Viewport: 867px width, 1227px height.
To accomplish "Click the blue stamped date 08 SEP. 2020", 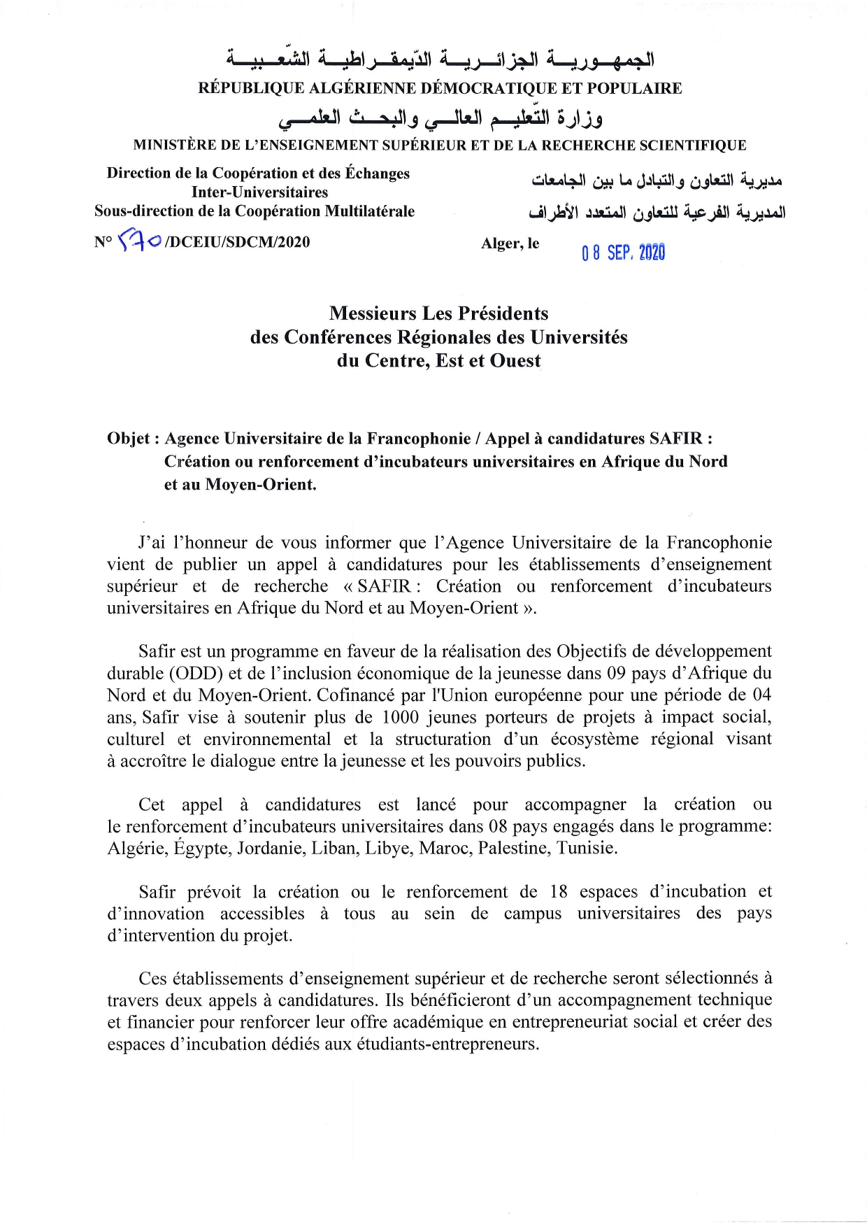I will click(x=623, y=253).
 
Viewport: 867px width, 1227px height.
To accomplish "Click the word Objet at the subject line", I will click(x=129, y=439).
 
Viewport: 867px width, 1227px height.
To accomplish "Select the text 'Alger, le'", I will click(x=510, y=243).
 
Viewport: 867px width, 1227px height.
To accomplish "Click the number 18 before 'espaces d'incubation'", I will click(x=559, y=892).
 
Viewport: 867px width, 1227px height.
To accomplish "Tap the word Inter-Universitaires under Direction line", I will click(x=259, y=192).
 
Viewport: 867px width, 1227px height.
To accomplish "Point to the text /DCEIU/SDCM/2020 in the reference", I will click(x=236, y=242).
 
